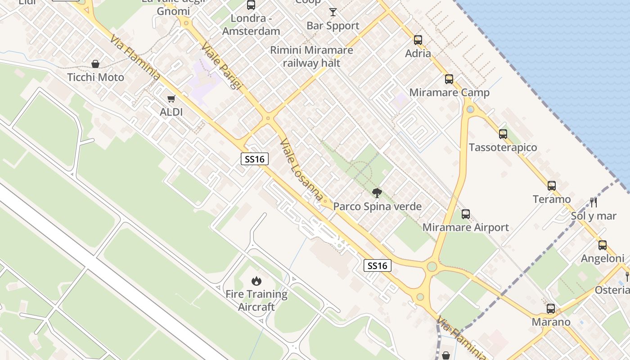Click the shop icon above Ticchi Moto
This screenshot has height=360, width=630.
(x=95, y=64)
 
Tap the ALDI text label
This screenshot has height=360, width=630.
(x=171, y=112)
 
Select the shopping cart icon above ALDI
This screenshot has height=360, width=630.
(x=171, y=99)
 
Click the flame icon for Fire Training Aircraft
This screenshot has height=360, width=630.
(x=256, y=281)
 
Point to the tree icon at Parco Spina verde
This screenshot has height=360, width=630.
(x=377, y=193)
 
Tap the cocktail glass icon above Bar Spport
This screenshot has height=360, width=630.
(x=333, y=12)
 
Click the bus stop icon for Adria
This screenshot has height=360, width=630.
(x=418, y=40)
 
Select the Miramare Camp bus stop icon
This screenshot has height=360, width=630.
(x=449, y=79)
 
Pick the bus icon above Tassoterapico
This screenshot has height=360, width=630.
(x=503, y=134)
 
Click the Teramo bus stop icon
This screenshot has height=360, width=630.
(x=552, y=186)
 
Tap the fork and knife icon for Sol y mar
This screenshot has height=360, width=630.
(x=593, y=202)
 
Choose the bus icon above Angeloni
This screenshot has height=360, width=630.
(x=603, y=245)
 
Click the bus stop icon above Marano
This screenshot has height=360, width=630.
(x=551, y=309)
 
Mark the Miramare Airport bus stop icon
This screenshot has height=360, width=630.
(x=466, y=214)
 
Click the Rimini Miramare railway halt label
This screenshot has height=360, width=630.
(x=311, y=57)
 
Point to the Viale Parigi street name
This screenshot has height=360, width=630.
(x=221, y=66)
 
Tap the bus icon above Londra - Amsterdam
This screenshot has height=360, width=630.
(x=251, y=5)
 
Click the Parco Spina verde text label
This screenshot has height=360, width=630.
(x=377, y=207)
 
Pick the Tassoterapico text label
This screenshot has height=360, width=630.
(x=503, y=148)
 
